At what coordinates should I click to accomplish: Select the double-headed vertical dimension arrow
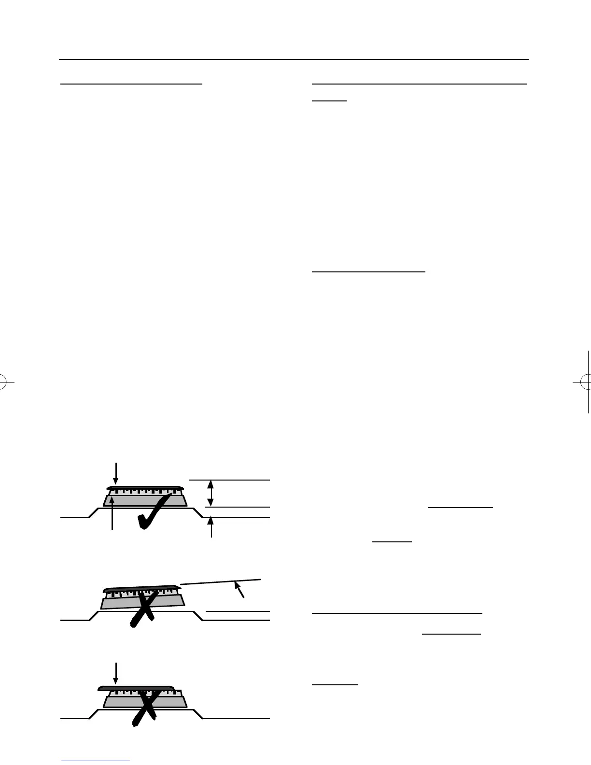(x=210, y=493)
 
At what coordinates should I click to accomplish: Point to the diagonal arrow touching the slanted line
(x=239, y=589)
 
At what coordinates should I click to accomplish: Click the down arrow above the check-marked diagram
(x=116, y=474)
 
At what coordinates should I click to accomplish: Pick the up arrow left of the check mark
(x=112, y=513)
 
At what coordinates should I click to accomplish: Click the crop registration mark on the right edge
(x=586, y=382)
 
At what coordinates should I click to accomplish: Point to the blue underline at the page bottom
(x=96, y=761)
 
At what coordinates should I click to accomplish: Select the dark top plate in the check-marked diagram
(x=145, y=487)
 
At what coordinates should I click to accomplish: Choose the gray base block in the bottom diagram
(x=121, y=702)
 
